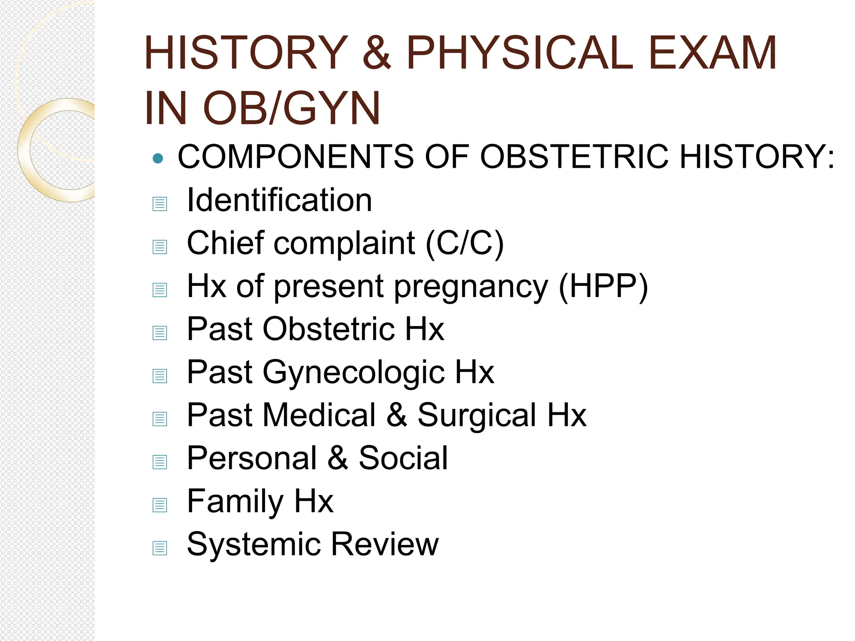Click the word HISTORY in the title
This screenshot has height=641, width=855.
[246, 53]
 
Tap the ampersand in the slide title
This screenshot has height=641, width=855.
[377, 53]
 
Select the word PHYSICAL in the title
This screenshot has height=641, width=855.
[520, 53]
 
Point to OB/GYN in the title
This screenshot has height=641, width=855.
[291, 109]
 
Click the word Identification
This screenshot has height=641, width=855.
[279, 200]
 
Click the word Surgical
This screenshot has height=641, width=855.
[477, 416]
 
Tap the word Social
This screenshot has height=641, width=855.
[403, 458]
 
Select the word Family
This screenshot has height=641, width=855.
[235, 502]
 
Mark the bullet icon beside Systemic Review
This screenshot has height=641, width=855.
[160, 548]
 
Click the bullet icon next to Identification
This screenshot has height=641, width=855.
[160, 204]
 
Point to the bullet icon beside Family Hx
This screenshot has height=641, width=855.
[160, 505]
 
